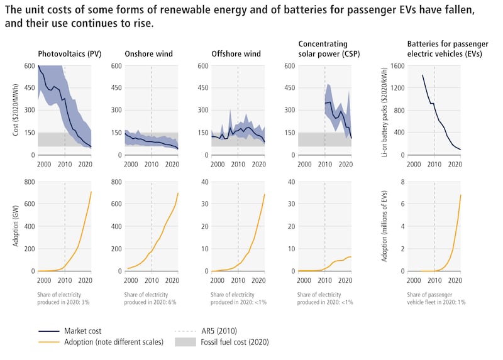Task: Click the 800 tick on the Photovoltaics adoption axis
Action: (28, 182)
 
